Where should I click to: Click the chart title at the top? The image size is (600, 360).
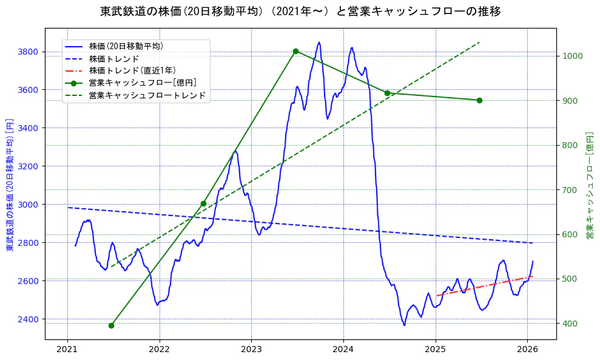(x=300, y=12)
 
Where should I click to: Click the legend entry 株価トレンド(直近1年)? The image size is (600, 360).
(x=132, y=70)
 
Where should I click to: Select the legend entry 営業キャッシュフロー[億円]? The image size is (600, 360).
(x=142, y=83)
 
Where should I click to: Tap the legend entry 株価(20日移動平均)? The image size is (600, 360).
(x=126, y=46)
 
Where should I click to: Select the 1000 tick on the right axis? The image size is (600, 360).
(x=573, y=56)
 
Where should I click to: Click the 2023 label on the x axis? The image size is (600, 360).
(x=251, y=350)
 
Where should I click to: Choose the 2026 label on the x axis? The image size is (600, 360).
(x=527, y=350)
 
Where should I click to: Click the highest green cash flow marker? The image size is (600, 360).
(x=295, y=51)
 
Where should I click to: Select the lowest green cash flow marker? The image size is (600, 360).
(x=111, y=325)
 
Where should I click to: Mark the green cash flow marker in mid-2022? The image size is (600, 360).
(x=203, y=203)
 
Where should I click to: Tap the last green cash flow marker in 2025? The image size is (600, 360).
(x=479, y=100)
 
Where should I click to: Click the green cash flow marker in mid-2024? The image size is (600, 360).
(x=387, y=93)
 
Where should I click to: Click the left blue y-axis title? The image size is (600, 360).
(x=10, y=185)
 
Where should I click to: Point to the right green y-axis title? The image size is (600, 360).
(x=590, y=185)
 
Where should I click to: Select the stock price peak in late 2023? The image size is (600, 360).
(x=319, y=42)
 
